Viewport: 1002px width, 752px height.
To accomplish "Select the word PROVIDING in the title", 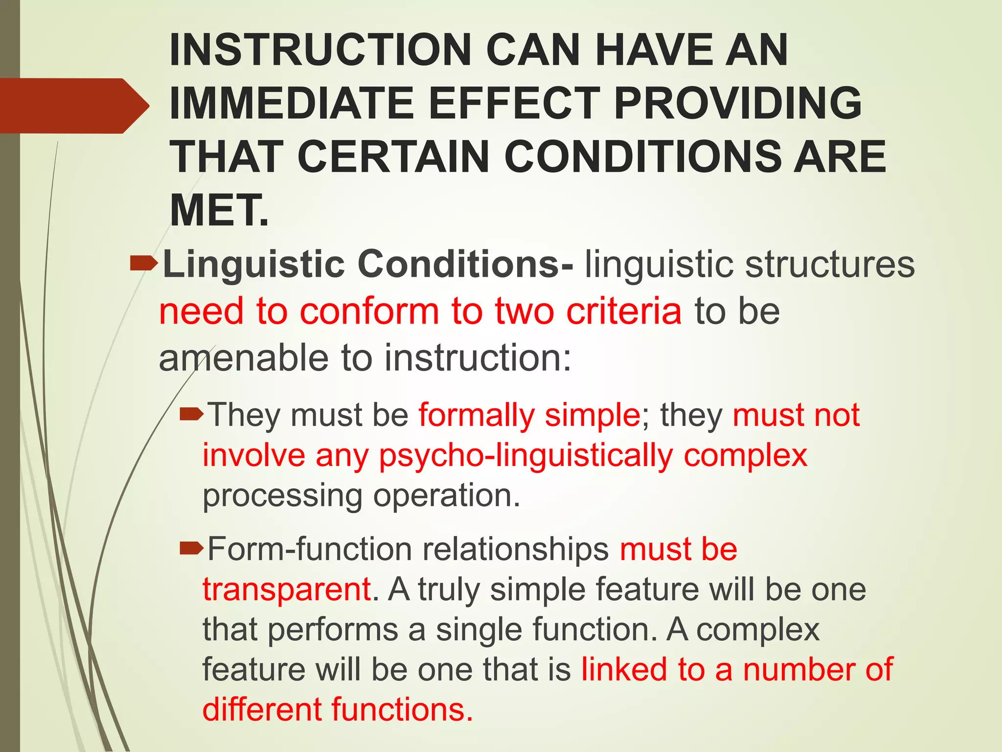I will (x=737, y=103).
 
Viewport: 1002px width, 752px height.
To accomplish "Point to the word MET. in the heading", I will (x=219, y=211).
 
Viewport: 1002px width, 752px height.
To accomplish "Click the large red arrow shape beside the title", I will (x=73, y=106).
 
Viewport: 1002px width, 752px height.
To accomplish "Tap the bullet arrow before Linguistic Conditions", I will (x=144, y=264).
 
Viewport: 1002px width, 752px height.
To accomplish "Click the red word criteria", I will (x=623, y=311).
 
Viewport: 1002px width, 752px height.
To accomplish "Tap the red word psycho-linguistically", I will (x=526, y=456).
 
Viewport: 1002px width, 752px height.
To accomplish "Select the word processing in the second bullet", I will (x=282, y=496).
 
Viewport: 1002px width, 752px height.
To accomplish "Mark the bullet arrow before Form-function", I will (x=191, y=549).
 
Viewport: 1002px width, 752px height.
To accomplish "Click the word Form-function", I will (x=310, y=549).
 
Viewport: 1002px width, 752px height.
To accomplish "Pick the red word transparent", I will (x=287, y=589).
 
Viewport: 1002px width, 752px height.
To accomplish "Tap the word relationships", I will (x=516, y=549).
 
